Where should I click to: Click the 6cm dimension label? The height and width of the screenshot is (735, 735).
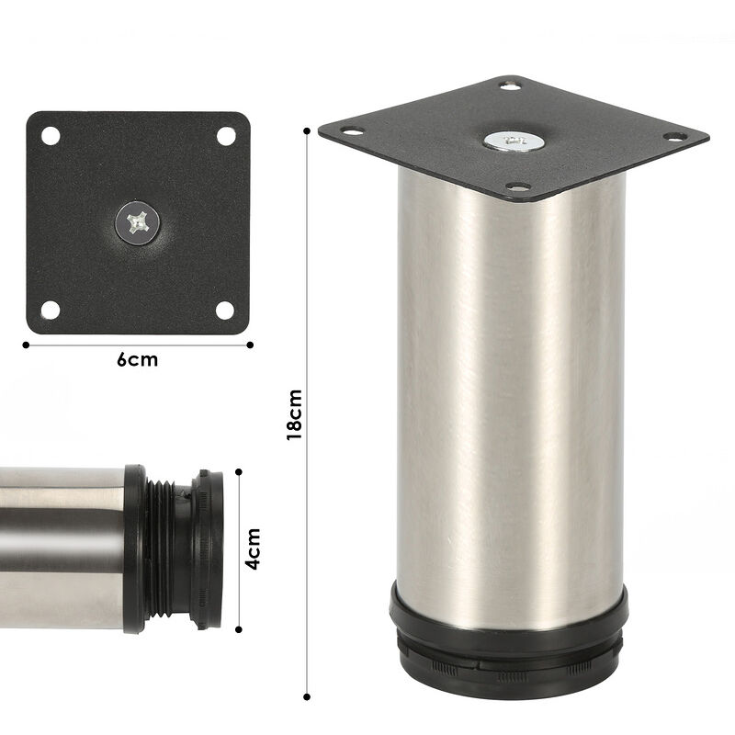pyautogui.click(x=137, y=360)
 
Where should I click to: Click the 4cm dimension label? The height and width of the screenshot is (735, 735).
pyautogui.click(x=254, y=548)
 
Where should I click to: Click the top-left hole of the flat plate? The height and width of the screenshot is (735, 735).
pyautogui.click(x=51, y=136)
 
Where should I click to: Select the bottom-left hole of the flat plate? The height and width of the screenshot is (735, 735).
pyautogui.click(x=51, y=310)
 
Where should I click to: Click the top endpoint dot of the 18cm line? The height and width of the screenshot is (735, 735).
pyautogui.click(x=306, y=130)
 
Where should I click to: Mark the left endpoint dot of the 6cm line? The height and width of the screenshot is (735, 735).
pyautogui.click(x=26, y=345)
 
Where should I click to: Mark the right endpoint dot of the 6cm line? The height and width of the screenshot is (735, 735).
pyautogui.click(x=250, y=345)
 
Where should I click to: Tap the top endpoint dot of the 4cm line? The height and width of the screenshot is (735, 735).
pyautogui.click(x=238, y=470)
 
